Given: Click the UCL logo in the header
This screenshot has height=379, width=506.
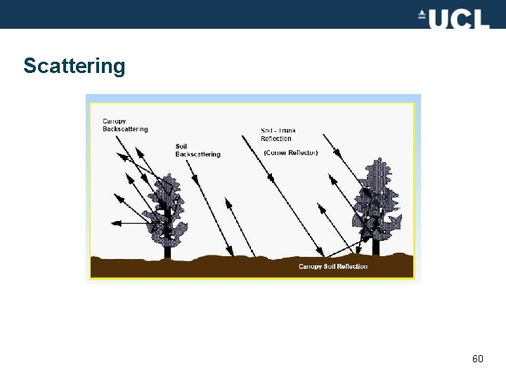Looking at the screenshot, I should (x=453, y=18).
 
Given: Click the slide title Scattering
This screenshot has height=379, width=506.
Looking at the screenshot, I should (x=74, y=66).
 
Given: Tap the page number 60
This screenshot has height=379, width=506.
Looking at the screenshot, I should (x=478, y=359).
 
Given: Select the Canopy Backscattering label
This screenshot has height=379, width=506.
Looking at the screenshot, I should (x=125, y=125).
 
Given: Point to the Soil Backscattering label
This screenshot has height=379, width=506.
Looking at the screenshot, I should (x=197, y=150).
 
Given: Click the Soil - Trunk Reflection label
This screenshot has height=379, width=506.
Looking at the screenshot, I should (x=278, y=134).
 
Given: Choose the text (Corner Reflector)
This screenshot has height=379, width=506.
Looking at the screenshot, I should (x=290, y=152).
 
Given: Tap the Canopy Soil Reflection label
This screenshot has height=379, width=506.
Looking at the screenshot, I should (x=332, y=266).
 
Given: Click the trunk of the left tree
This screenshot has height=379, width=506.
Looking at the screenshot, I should (x=167, y=248).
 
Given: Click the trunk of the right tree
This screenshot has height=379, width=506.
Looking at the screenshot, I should (x=376, y=246).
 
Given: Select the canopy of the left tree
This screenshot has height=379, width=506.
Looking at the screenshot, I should (x=166, y=207).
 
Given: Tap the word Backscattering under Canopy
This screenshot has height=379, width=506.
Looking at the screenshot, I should (x=125, y=129).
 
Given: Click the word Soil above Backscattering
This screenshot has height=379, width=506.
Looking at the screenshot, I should (x=181, y=146).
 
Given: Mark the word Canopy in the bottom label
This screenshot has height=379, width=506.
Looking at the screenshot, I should (x=311, y=266).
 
